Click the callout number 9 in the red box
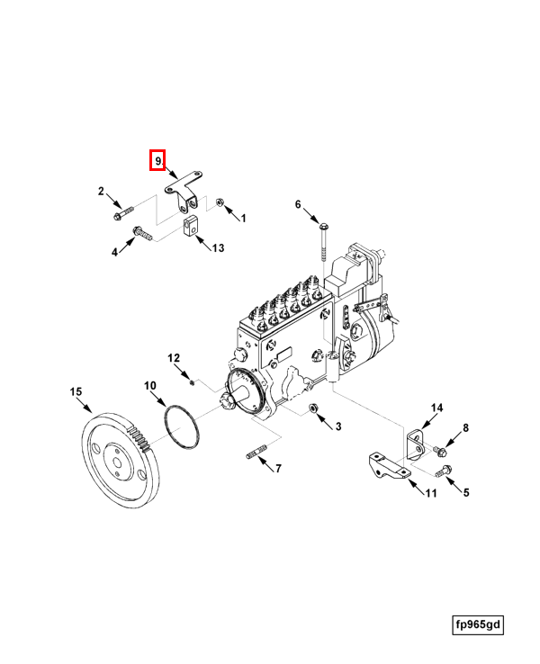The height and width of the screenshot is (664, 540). (157, 161)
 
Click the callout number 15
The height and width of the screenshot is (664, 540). (76, 391)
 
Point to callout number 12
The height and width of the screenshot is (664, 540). (175, 358)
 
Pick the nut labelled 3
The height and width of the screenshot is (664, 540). (316, 411)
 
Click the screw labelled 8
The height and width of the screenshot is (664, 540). (439, 449)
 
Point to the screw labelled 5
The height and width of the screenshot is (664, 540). (441, 471)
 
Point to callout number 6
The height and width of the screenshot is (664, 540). (299, 205)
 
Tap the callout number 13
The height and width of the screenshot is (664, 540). (217, 247)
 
